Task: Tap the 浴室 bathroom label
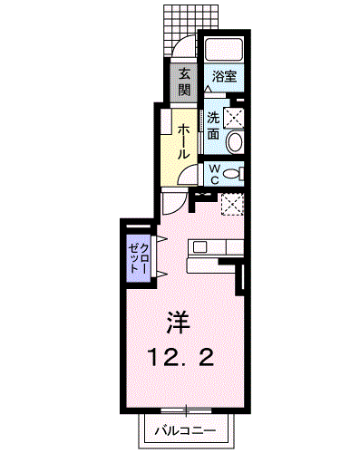click(224, 77)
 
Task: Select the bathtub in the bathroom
click(225, 50)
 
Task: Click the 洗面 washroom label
click(212, 125)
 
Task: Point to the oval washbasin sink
click(234, 140)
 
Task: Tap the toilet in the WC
click(233, 173)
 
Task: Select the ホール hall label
click(183, 141)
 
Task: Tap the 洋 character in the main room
click(179, 322)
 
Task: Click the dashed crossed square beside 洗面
click(234, 116)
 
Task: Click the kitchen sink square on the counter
click(200, 246)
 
